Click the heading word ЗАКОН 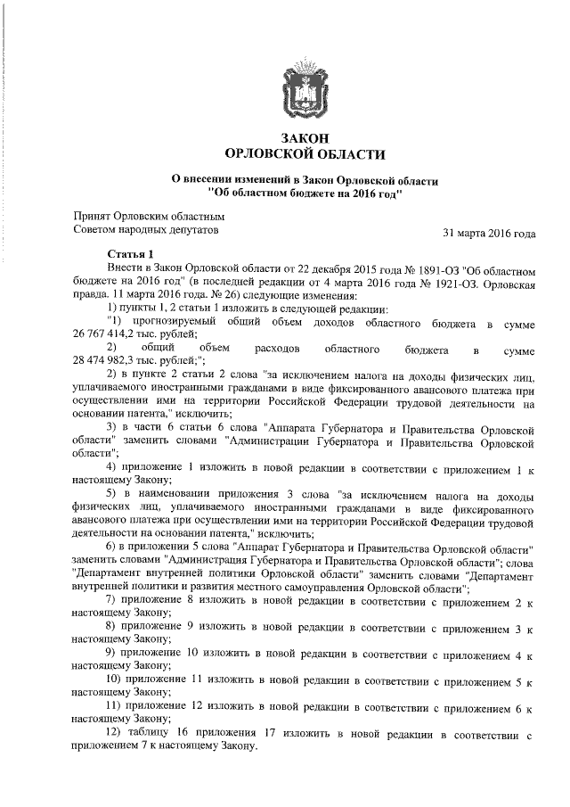pyautogui.click(x=305, y=139)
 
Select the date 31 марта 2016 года pyautogui.click(x=489, y=234)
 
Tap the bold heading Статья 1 pyautogui.click(x=131, y=254)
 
